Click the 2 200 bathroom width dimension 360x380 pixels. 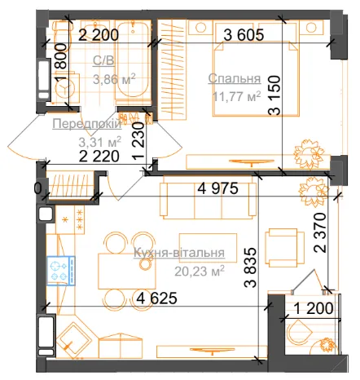pyautogui.click(x=99, y=35)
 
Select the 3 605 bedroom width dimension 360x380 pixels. pyautogui.click(x=244, y=35)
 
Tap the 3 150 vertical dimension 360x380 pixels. pyautogui.click(x=274, y=95)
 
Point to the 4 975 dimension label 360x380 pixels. pyautogui.click(x=217, y=188)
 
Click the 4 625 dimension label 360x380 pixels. pyautogui.click(x=156, y=298)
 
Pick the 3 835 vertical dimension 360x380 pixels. pyautogui.click(x=250, y=267)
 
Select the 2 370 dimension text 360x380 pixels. pyautogui.click(x=319, y=232)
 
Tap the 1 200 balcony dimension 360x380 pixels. pyautogui.click(x=314, y=308)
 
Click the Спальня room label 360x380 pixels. pyautogui.click(x=235, y=78)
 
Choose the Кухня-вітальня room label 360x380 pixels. pyautogui.click(x=179, y=253)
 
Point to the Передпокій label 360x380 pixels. pyautogui.click(x=87, y=124)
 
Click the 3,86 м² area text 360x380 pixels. pyautogui.click(x=114, y=79)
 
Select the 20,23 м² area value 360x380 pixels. pyautogui.click(x=200, y=271)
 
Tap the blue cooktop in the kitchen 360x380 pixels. pyautogui.click(x=61, y=271)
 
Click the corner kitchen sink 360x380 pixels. pyautogui.click(x=74, y=340)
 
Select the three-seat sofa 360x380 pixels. pyautogui.click(x=208, y=201)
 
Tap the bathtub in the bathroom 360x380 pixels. pyautogui.click(x=133, y=62)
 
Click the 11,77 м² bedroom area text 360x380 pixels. pyautogui.click(x=236, y=96)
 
